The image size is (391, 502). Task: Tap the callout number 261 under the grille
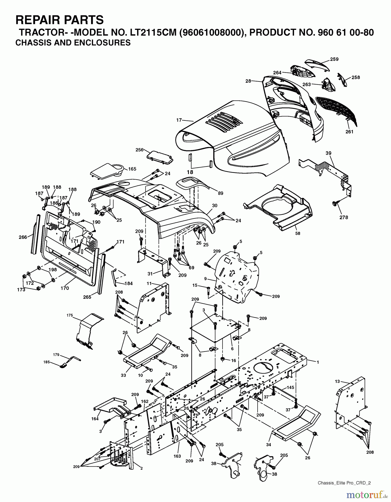pyautogui.click(x=349, y=132)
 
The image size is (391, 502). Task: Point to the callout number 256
pyautogui.click(x=139, y=150)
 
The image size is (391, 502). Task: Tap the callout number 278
pyautogui.click(x=344, y=217)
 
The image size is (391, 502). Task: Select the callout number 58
pyautogui.click(x=298, y=233)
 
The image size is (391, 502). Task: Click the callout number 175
pyautogui.click(x=70, y=315)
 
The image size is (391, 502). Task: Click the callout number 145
pyautogui.click(x=290, y=387)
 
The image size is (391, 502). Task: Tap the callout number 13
pyautogui.click(x=337, y=381)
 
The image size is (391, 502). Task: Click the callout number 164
pyautogui.click(x=95, y=419)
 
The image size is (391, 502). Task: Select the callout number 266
pyautogui.click(x=23, y=237)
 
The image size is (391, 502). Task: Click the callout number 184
pyautogui.click(x=129, y=283)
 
